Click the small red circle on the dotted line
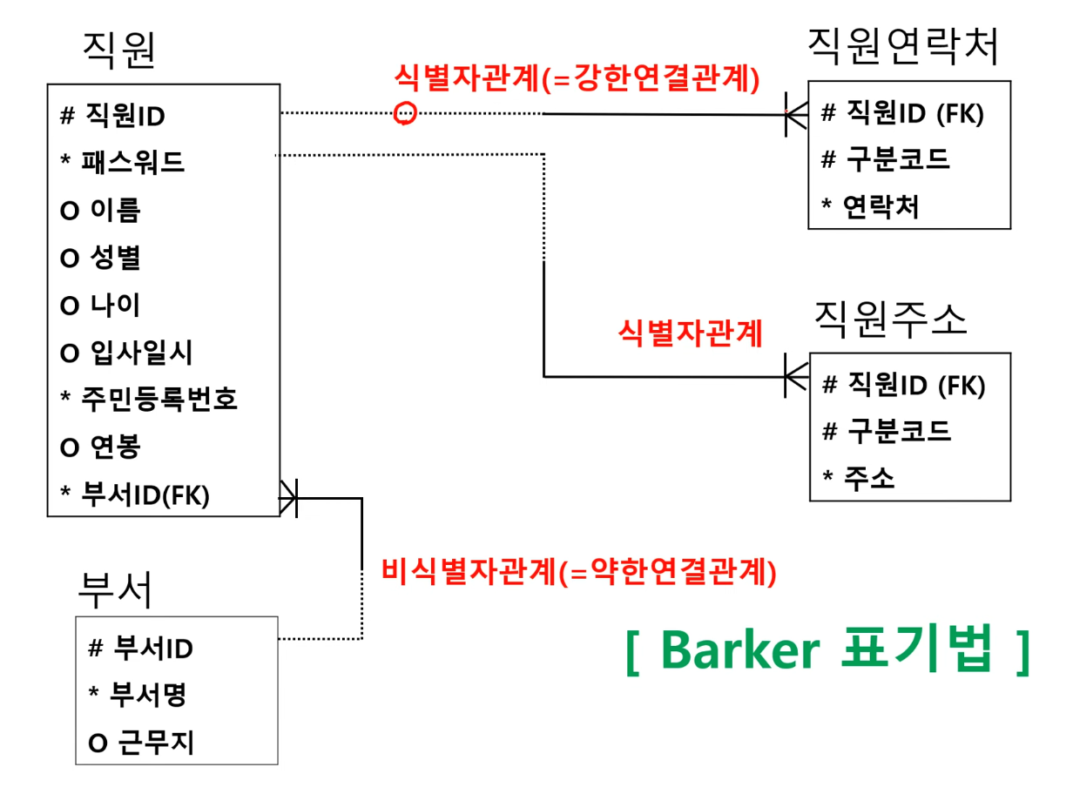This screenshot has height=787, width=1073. (405, 113)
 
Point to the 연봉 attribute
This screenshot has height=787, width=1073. (115, 447)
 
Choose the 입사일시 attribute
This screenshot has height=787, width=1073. (140, 353)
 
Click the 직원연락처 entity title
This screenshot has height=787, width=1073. (903, 48)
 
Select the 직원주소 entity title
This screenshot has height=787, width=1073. (890, 320)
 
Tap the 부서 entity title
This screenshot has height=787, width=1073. (115, 590)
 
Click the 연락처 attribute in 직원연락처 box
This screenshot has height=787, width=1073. (881, 206)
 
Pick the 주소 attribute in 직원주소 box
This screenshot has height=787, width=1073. (868, 477)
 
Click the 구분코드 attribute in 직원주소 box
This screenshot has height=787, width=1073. (897, 430)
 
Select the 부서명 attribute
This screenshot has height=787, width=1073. (148, 694)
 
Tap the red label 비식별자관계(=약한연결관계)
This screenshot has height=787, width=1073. (578, 572)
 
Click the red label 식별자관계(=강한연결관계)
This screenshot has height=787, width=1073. (577, 79)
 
